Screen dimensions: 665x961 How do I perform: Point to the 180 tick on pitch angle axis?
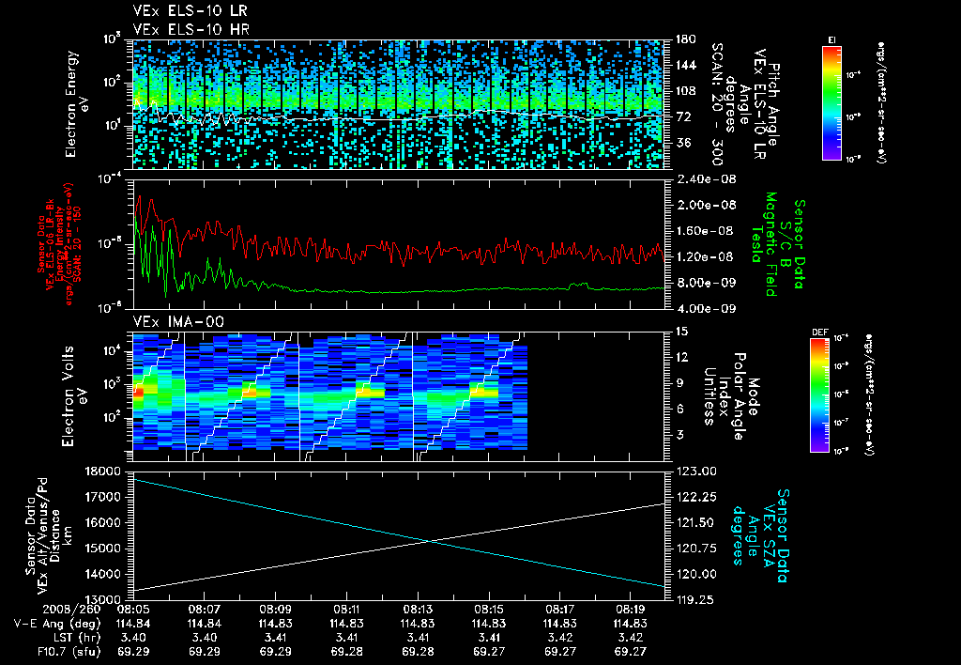click(x=678, y=39)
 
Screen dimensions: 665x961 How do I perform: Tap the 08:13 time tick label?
click(x=418, y=609)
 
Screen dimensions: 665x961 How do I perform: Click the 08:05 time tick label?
click(x=135, y=609)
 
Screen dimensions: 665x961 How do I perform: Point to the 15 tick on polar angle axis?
click(x=675, y=331)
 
